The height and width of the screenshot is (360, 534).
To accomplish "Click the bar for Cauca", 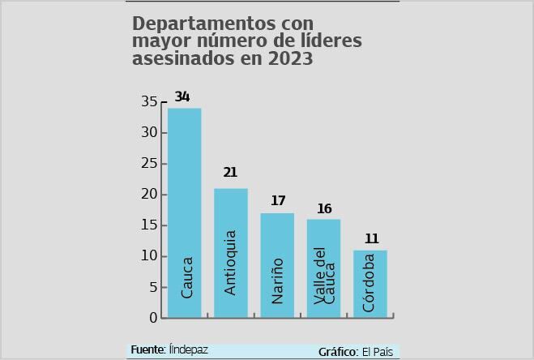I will point(184,212).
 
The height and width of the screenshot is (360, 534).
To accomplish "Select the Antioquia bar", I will point(230,252).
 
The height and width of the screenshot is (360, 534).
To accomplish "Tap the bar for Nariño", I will point(277,265).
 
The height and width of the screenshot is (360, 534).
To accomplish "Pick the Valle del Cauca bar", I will point(323,268).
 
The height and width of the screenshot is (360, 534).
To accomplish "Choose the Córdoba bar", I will point(370,283).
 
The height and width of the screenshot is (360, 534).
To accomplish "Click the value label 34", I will point(182,97).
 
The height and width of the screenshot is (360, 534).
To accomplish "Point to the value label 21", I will point(230,173).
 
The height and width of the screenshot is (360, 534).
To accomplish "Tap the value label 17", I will point(278,201).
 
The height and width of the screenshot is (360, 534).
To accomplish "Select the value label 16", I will point(324,209).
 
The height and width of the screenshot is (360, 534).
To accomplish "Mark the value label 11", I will point(371,238).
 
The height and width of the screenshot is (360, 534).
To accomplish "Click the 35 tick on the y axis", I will point(149,102).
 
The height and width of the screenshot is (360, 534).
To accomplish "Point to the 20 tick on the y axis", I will point(149,195).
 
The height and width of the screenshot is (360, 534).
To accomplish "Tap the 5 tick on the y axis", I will point(152,287).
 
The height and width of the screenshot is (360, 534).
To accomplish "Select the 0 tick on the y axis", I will point(153,318).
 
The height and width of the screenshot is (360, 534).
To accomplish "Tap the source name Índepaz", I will point(189,349).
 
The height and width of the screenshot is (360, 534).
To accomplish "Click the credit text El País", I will point(377,352).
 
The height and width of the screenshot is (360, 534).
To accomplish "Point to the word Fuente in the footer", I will point(147,349).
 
